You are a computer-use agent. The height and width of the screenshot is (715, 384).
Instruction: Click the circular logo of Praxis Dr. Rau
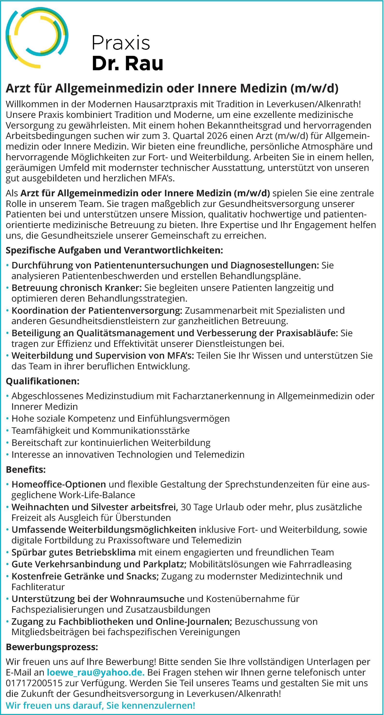click(37, 38)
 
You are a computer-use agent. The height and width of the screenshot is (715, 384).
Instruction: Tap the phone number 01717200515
click(34, 683)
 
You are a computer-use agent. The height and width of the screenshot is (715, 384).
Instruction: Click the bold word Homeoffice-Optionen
click(59, 484)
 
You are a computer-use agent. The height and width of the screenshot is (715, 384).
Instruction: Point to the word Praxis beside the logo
click(121, 43)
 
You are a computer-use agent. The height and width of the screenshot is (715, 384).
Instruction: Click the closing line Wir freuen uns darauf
click(100, 705)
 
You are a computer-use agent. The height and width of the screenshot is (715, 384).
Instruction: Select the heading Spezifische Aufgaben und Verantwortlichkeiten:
click(114, 250)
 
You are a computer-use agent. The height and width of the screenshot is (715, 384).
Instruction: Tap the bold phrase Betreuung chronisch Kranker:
click(76, 288)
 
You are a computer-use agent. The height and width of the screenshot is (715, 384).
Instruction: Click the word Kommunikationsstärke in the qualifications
click(141, 431)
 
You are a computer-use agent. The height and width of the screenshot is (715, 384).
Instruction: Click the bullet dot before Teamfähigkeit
click(7, 431)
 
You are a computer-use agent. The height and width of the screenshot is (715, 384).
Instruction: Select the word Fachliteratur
click(38, 587)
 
